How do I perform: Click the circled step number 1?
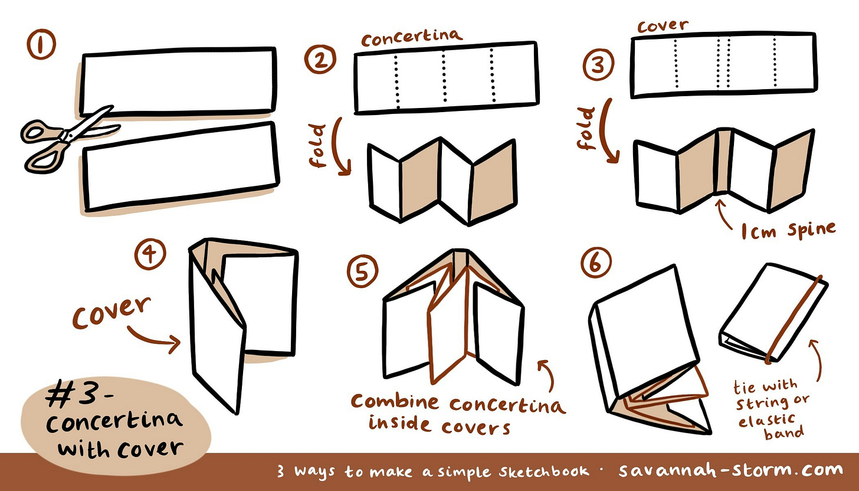click(x=41, y=44)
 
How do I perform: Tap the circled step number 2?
click(x=320, y=59)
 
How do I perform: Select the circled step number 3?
click(x=598, y=64)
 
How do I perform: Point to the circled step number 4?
click(x=150, y=254)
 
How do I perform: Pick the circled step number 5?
click(x=362, y=271)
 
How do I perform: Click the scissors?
click(x=69, y=139)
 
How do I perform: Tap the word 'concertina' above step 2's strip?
click(x=411, y=38)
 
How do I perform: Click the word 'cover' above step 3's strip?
click(x=663, y=26)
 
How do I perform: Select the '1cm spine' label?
click(x=788, y=231)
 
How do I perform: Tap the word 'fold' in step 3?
click(x=586, y=128)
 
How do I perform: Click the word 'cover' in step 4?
click(x=111, y=312)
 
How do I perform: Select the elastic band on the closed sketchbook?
click(x=794, y=319)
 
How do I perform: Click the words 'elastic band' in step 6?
click(x=771, y=426)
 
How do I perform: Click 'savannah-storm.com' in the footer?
click(x=730, y=470)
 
